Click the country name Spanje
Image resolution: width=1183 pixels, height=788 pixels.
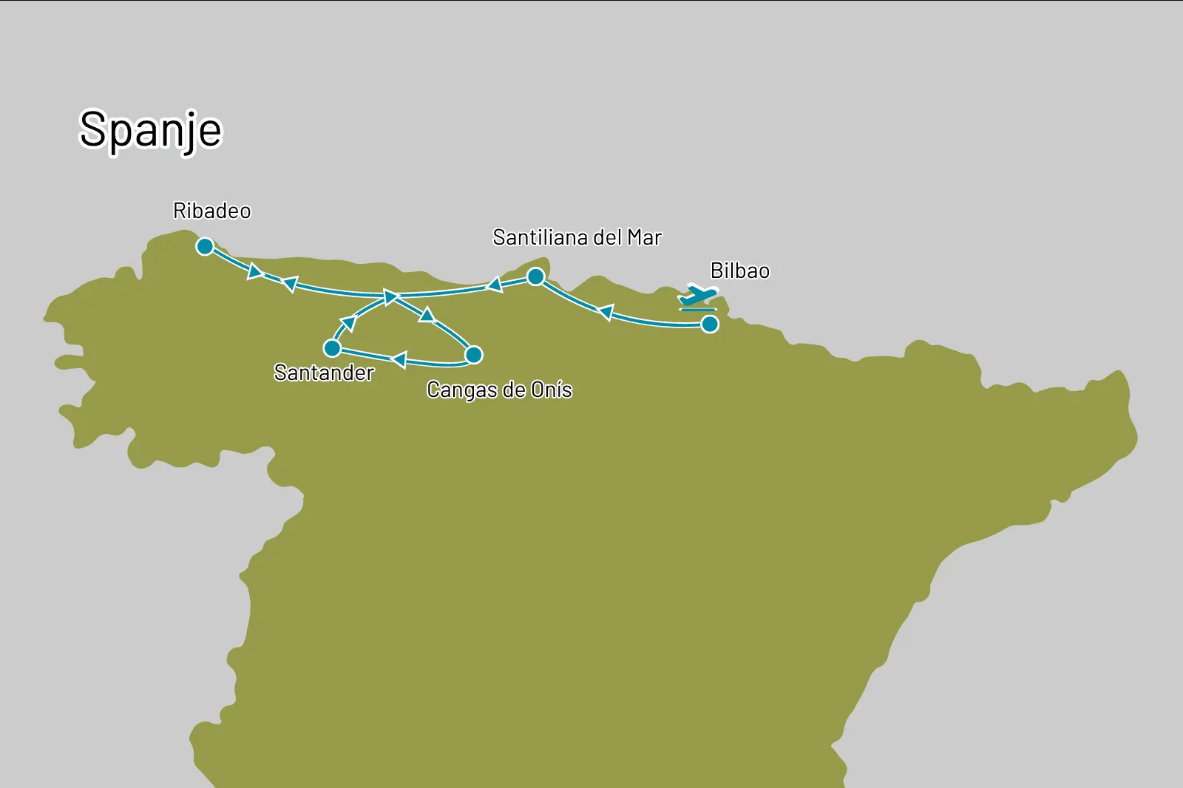(x=150, y=130)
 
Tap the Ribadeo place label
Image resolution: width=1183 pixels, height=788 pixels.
(x=211, y=211)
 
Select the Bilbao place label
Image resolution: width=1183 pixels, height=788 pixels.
(x=739, y=271)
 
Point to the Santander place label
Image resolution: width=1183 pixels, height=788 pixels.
(x=324, y=373)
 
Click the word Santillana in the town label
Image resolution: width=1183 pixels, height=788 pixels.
(x=540, y=238)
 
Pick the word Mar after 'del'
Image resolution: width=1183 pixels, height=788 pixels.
(x=644, y=238)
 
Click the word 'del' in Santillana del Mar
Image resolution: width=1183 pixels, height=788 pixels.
(x=608, y=238)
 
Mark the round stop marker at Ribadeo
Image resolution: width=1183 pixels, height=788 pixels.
(x=205, y=246)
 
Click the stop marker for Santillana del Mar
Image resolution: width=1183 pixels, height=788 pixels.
(x=536, y=277)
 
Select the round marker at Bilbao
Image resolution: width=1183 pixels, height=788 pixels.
(x=710, y=324)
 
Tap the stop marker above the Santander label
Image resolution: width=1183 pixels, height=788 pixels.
(x=333, y=347)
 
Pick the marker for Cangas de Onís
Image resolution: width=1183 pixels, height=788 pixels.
(x=474, y=355)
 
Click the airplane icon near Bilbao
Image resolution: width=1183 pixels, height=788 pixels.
(x=697, y=296)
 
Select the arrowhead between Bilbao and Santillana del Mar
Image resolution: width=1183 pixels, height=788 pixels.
(x=606, y=313)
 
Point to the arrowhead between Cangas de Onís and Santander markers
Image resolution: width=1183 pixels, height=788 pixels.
(x=399, y=360)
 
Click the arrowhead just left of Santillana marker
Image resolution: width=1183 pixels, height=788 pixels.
(x=494, y=285)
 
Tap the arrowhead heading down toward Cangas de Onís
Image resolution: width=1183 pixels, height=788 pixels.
(x=427, y=315)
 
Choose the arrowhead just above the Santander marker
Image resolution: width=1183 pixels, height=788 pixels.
(x=348, y=324)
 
